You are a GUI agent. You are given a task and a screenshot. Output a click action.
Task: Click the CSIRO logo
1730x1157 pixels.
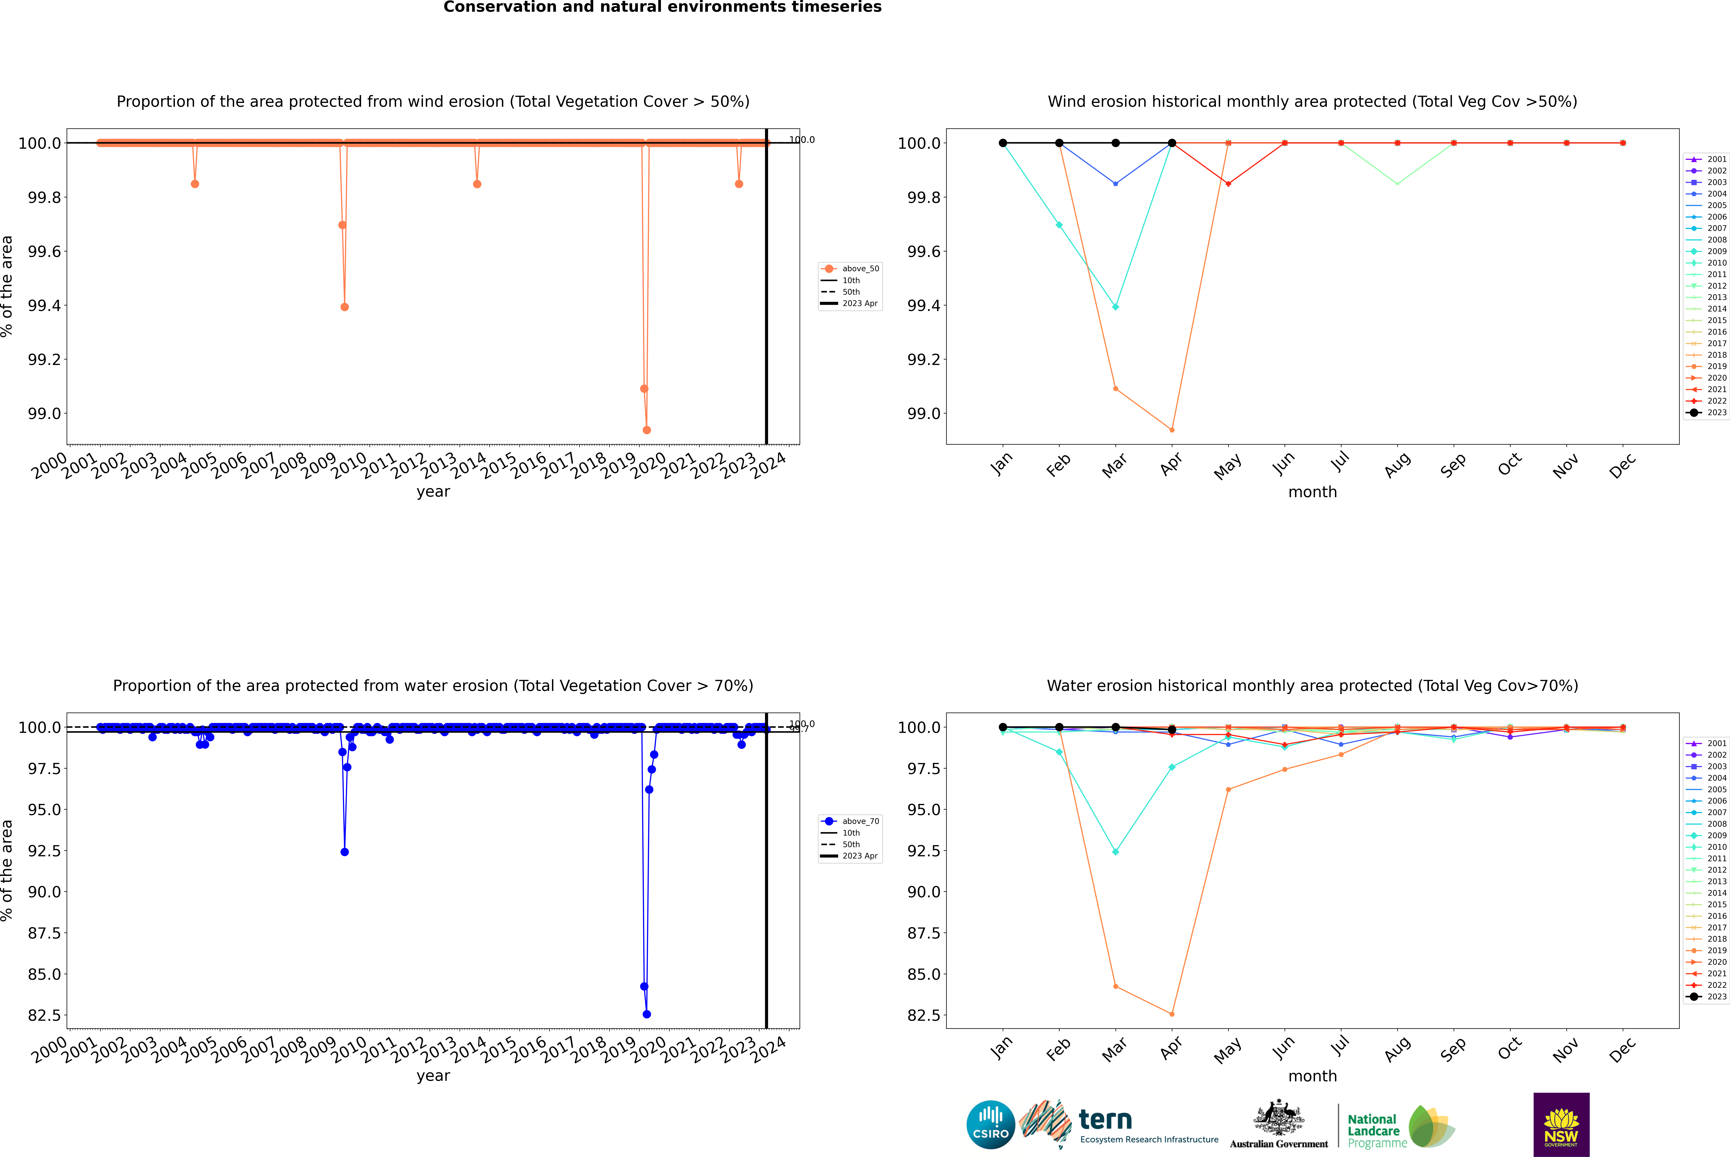click(x=990, y=1125)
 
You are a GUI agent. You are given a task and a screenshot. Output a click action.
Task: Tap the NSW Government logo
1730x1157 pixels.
click(x=1561, y=1125)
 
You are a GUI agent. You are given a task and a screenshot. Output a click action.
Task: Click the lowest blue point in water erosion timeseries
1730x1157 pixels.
click(x=647, y=1014)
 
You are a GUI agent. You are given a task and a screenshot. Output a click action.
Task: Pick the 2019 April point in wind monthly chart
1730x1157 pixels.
click(x=1172, y=429)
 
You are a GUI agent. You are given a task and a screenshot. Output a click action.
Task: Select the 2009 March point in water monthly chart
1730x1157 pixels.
click(x=1115, y=852)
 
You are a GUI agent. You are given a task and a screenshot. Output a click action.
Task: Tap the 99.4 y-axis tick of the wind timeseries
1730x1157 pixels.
click(x=44, y=305)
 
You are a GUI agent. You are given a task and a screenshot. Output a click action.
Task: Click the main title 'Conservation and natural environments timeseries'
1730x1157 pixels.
click(x=662, y=7)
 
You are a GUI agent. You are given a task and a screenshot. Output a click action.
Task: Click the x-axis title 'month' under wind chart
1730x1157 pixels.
click(x=1312, y=492)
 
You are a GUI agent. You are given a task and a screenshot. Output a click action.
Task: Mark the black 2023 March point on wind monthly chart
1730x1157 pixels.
click(x=1115, y=143)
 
